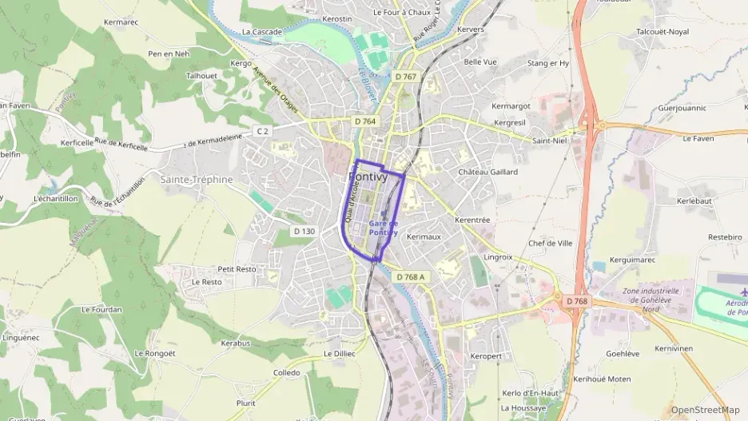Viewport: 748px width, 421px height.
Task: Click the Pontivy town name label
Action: click(x=368, y=177)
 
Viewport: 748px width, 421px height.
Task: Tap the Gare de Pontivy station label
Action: click(x=384, y=228)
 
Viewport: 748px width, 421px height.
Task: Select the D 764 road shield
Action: click(x=364, y=121)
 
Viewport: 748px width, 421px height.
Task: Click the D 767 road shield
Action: click(x=405, y=77)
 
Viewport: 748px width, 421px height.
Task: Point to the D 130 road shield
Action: click(x=304, y=231)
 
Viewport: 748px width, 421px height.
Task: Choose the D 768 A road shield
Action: click(x=412, y=276)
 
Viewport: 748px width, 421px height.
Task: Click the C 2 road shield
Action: click(x=263, y=130)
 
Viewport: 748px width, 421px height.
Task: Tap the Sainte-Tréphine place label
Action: click(x=197, y=180)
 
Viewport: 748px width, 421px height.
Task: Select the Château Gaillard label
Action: click(x=487, y=172)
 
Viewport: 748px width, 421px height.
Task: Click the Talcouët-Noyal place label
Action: click(x=662, y=32)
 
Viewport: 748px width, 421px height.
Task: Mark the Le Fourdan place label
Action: click(x=101, y=309)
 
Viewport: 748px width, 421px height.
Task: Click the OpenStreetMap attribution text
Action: click(x=705, y=410)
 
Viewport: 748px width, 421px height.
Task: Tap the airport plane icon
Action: click(x=733, y=292)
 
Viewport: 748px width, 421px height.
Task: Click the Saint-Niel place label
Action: click(x=549, y=141)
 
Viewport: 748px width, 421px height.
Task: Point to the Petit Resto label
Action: click(x=237, y=269)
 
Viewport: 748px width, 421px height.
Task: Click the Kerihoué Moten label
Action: click(x=602, y=379)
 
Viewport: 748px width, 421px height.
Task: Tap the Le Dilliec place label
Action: click(x=339, y=353)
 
